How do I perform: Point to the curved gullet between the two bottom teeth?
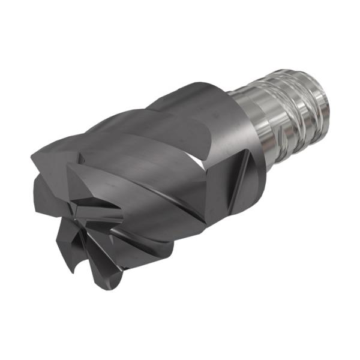(96, 264)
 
